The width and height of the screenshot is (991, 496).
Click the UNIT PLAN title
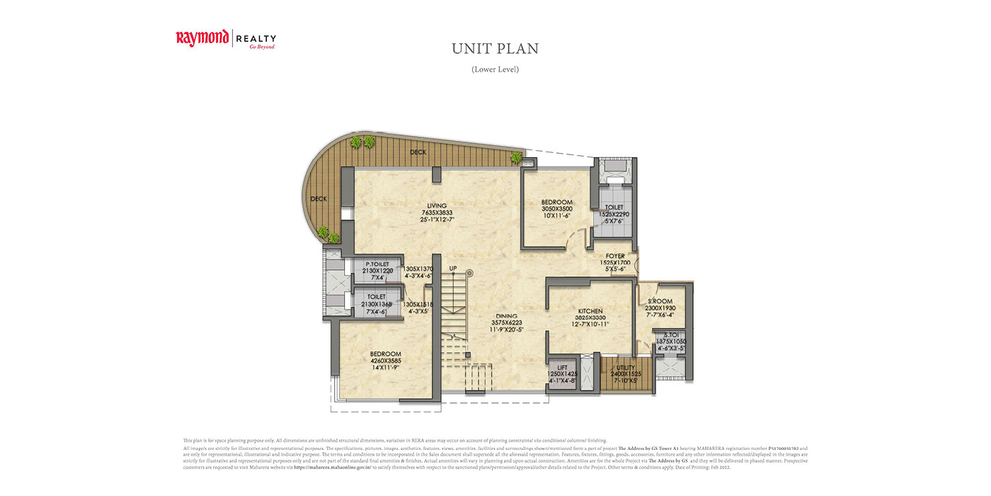[495, 49]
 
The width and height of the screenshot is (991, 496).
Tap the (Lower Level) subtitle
[495, 69]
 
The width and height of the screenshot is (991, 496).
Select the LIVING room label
[436, 205]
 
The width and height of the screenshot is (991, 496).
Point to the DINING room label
[506, 316]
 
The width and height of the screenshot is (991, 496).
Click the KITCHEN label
[590, 311]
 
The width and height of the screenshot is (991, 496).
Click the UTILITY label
[626, 368]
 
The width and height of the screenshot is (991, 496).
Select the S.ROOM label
[660, 301]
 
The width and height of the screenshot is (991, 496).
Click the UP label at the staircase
[453, 268]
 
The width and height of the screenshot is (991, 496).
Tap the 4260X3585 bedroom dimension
[386, 361]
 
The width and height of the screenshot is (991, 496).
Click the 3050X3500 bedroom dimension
[556, 209]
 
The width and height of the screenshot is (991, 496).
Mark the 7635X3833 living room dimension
[436, 213]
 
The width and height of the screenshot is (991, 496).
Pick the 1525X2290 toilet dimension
[614, 214]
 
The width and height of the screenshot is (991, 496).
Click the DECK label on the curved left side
[319, 199]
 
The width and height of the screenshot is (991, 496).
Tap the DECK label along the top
[418, 152]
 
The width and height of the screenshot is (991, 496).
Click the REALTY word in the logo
[256, 38]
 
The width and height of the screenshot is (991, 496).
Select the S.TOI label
[671, 334]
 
